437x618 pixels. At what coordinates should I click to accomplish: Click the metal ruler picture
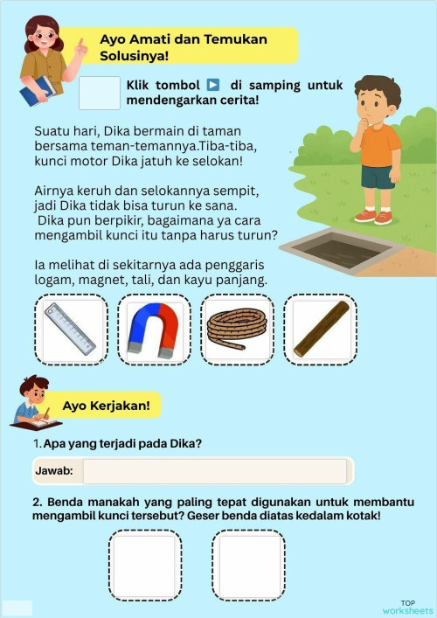click(x=71, y=330)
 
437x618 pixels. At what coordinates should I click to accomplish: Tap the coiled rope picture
click(x=237, y=330)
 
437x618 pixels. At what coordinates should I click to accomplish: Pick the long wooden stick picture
click(x=321, y=330)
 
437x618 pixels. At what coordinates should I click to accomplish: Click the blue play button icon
click(x=213, y=85)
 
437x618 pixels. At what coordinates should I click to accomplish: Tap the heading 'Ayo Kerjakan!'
click(x=107, y=406)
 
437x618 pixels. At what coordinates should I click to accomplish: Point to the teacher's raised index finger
click(x=81, y=44)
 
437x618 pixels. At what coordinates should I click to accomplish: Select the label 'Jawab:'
click(x=54, y=471)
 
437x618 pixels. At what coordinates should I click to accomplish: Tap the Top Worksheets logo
click(x=407, y=607)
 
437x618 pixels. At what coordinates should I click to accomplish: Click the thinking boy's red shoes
click(x=375, y=215)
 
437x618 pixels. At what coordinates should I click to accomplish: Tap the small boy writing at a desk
click(x=33, y=404)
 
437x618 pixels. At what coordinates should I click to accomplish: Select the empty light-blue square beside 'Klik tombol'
click(x=99, y=94)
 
